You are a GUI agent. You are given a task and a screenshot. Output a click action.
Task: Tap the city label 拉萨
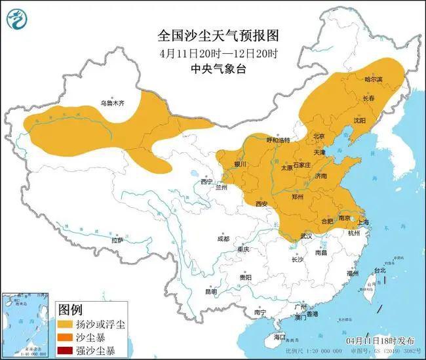(117, 241)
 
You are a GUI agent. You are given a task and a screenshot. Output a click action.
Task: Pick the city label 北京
(319, 136)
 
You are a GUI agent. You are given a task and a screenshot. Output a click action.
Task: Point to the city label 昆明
(210, 292)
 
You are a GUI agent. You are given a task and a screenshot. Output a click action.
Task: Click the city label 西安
(262, 204)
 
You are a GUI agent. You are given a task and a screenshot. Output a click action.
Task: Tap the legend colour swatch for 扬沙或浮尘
(66, 325)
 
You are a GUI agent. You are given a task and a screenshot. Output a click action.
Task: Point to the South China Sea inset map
(27, 325)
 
